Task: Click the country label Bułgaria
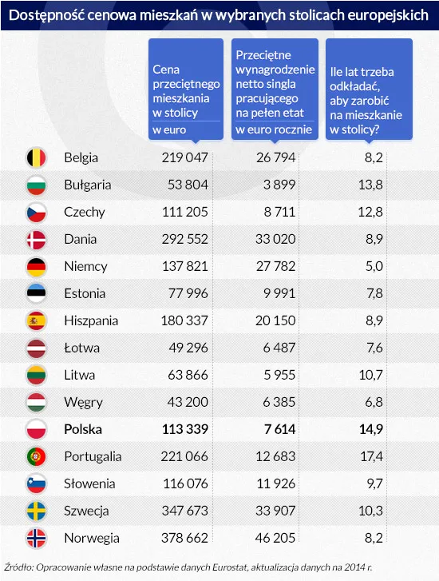point(87,185)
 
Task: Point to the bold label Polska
point(83,429)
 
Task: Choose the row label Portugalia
point(93,456)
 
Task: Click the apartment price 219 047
point(184,157)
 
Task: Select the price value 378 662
point(184,538)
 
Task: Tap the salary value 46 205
point(274,538)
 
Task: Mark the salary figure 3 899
point(279,185)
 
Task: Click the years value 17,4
point(371,456)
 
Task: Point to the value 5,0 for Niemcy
point(374,266)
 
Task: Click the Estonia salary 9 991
point(279,293)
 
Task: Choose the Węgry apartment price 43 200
point(187,402)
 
